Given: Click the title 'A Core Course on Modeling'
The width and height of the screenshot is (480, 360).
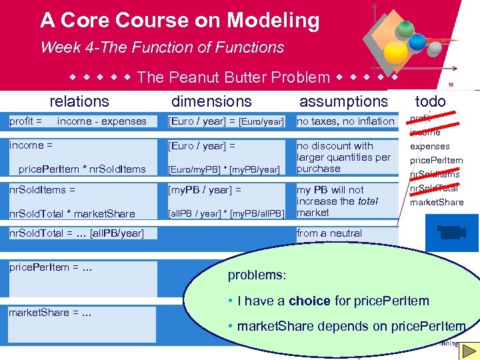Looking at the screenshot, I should pos(180,21).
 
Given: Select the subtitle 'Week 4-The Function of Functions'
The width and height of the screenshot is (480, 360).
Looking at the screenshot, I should pos(162,47).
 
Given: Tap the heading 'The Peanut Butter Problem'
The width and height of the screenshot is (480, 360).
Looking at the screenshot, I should pos(233,77).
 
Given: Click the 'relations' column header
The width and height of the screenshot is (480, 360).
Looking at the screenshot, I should pos(79,101).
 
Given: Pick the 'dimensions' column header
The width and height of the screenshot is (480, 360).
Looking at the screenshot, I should pos(212,101).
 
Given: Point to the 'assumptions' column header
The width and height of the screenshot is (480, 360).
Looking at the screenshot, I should pos(343,101).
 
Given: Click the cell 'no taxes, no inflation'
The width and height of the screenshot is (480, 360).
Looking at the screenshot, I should pos(345,121).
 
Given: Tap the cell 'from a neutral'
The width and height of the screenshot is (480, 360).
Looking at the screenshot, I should pos(329,233).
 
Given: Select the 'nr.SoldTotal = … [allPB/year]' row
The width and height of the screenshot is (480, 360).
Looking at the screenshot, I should pos(77,233).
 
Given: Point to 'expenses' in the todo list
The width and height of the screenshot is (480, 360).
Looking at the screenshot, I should pos(429,146).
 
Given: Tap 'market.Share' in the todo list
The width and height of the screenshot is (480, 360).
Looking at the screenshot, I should pos(436,202).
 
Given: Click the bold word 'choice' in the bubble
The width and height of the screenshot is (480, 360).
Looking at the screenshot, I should pos(309,301).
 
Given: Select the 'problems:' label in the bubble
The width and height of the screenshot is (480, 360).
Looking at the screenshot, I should pos(257,275).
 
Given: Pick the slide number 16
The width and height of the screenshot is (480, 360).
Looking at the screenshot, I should pos(451,85).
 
